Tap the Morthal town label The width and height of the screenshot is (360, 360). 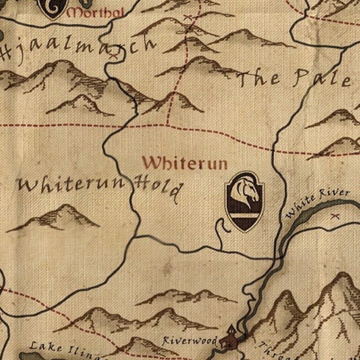pyautogui.click(x=95, y=13)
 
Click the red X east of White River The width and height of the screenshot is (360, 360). pyautogui.click(x=336, y=216)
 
